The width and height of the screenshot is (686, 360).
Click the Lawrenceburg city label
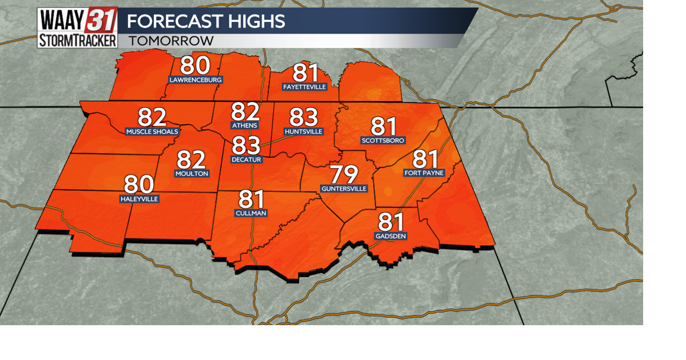coord(195,80)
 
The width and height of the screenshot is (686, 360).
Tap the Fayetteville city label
coord(304,87)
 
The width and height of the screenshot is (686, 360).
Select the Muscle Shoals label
coord(152,132)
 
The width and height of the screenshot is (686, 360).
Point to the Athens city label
coord(244,125)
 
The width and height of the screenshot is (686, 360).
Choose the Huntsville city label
coord(304,131)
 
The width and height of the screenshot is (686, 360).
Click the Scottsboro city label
coord(383,140)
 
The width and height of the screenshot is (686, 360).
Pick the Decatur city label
coord(246,160)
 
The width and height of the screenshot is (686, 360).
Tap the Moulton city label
coord(191,174)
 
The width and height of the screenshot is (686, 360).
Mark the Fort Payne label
coord(425,172)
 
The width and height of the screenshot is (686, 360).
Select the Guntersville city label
coord(344,189)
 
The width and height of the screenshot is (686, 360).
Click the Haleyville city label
coord(139,199)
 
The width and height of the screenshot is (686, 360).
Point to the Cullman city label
coord(251,213)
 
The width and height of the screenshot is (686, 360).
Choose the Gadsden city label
coord(391,236)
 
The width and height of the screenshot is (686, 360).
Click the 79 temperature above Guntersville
coord(344,175)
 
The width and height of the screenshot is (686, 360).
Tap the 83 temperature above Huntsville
coord(304,117)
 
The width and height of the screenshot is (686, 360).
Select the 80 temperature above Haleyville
coord(139,185)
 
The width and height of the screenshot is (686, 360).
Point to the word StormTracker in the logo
coord(77,40)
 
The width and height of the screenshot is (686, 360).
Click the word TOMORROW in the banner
coord(171,41)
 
